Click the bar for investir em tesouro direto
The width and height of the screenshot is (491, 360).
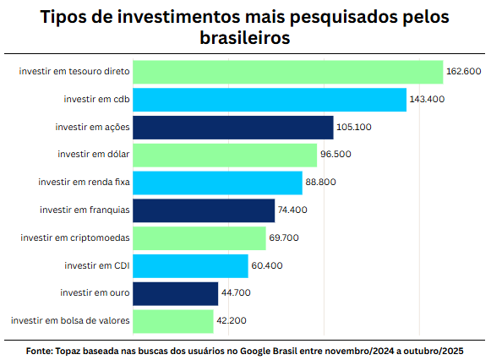288,72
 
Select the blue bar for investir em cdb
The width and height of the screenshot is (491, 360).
270,100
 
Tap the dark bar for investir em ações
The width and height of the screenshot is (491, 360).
233,128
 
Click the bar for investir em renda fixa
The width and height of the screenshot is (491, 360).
217,183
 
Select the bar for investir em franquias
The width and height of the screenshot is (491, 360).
204,210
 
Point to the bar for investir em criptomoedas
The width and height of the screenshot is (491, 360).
199,238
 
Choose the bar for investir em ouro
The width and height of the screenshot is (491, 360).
176,293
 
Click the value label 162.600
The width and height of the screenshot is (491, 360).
464,72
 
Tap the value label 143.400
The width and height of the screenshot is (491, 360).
427,100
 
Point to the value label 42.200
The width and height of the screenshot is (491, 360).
232,321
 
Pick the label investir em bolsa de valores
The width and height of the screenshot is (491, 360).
69,321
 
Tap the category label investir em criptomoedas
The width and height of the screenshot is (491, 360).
74,238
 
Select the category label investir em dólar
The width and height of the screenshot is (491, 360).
93,155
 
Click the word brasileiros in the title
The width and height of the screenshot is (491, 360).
245,39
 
